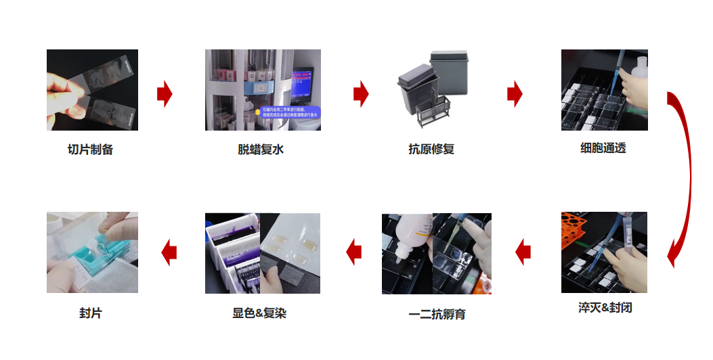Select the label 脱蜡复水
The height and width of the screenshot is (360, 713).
tap(261, 150)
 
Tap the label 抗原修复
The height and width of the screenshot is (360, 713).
tap(431, 150)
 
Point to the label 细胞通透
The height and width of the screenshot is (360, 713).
tap(603, 148)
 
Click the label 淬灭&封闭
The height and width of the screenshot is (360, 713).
tap(605, 308)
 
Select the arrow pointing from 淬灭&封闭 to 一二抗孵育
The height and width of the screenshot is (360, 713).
tap(523, 252)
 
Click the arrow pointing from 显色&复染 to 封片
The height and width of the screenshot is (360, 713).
tap(169, 252)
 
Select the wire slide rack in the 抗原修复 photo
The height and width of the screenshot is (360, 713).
tap(434, 109)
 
